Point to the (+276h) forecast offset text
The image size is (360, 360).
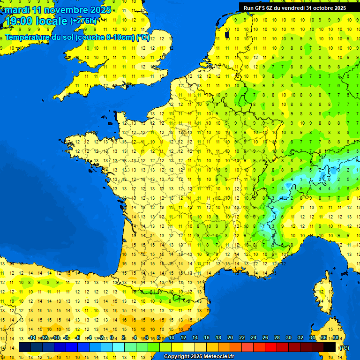tap(84, 21)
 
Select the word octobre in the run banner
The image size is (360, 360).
tap(323, 7)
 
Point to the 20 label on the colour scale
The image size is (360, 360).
tap(230, 337)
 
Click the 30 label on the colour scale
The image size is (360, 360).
tap(289, 337)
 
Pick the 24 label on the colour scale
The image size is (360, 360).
tap(254, 337)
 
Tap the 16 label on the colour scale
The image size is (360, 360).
tap(207, 337)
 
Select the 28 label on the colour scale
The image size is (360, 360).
tap(277, 337)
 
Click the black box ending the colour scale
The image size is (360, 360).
tap(330, 347)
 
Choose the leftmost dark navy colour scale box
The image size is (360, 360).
tap(25, 347)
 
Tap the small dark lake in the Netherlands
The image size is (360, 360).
tap(227, 34)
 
